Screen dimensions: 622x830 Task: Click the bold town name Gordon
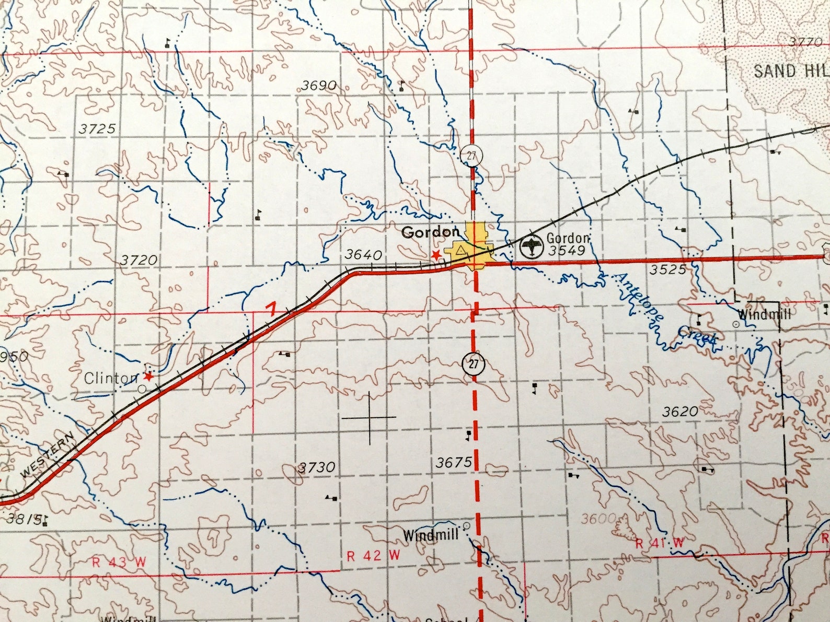click(x=430, y=232)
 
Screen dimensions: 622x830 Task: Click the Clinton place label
click(x=111, y=378)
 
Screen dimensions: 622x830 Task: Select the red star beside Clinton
click(x=149, y=376)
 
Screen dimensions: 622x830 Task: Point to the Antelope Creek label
click(x=666, y=310)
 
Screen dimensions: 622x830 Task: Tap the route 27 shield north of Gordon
click(x=471, y=155)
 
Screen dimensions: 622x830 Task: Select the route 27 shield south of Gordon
click(x=473, y=364)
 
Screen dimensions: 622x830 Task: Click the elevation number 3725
click(x=97, y=128)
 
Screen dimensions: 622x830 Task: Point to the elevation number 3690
click(x=319, y=85)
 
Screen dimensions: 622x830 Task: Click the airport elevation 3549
click(x=567, y=250)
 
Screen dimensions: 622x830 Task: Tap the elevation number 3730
click(x=316, y=467)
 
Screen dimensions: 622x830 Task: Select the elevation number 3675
click(x=454, y=462)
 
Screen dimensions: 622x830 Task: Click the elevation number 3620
click(x=680, y=412)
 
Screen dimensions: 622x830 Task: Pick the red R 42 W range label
click(x=373, y=555)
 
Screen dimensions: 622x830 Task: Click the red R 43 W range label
click(x=118, y=562)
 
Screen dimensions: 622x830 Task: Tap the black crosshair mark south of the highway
click(x=370, y=418)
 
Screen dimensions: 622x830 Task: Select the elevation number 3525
click(x=667, y=269)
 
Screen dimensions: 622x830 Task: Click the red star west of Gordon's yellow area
click(x=435, y=254)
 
